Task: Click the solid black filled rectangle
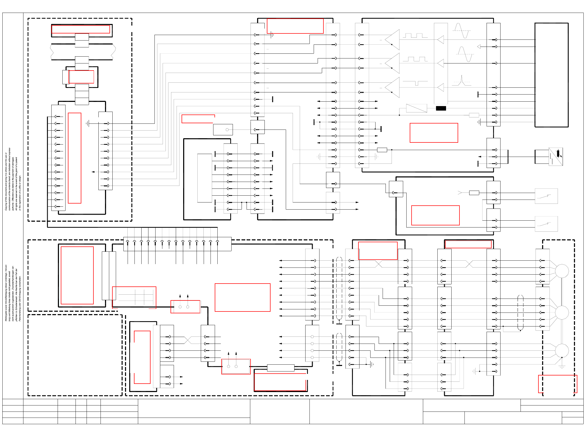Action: point(441,108)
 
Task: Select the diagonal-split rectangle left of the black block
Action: point(416,108)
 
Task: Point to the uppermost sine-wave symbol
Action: point(461,31)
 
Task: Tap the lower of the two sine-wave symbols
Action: point(465,54)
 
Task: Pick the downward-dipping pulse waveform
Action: point(415,83)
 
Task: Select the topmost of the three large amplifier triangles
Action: point(393,39)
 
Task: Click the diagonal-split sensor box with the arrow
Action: point(556,157)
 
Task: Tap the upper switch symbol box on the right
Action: point(546,196)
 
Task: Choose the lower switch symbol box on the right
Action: point(546,224)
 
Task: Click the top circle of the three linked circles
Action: point(562,271)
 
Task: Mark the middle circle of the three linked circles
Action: point(562,313)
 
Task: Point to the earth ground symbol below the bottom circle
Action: point(562,366)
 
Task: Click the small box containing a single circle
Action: point(223,130)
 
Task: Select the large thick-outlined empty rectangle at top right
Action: point(551,75)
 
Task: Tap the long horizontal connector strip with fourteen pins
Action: point(177,244)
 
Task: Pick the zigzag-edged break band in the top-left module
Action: point(83,52)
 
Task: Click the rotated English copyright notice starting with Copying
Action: point(13,179)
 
